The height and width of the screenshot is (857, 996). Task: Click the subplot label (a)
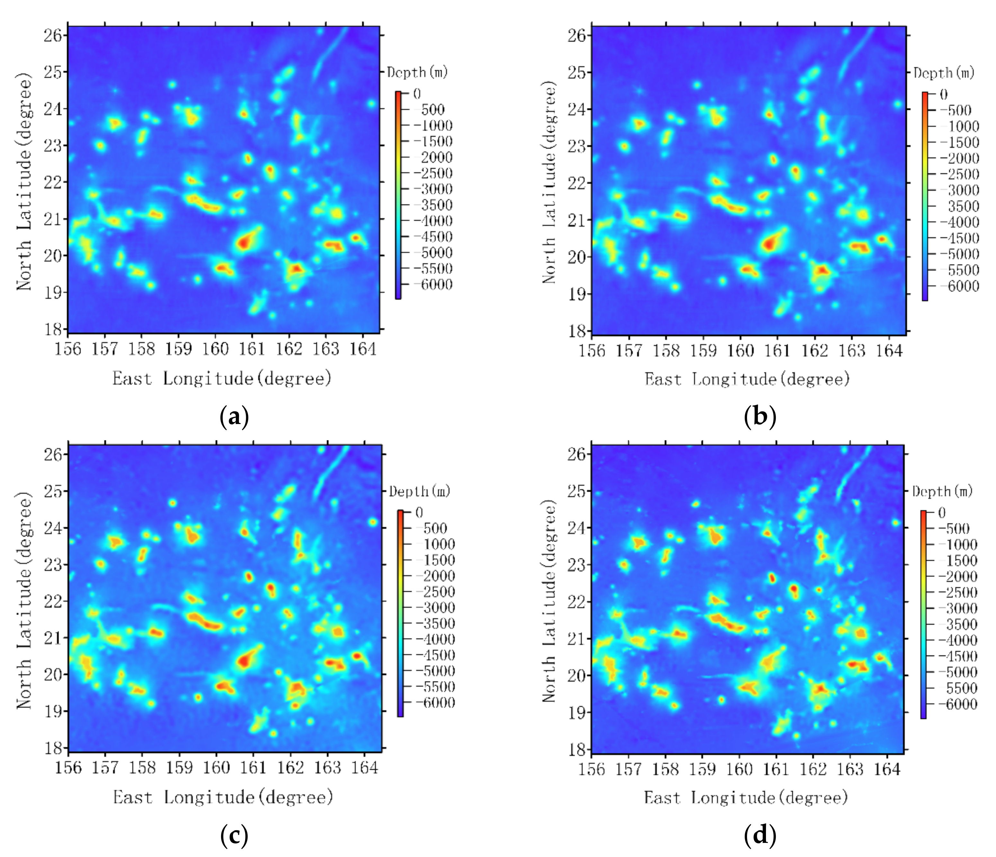coord(234,417)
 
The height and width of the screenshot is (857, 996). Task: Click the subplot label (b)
coord(760,417)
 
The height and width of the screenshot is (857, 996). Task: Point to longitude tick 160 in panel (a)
coord(215,349)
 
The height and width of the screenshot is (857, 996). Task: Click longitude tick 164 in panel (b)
coord(889,350)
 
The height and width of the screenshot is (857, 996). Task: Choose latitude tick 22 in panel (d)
coord(577,602)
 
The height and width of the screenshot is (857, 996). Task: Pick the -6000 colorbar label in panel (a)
coord(434,285)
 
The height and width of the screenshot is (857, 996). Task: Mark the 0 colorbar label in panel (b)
coord(943,94)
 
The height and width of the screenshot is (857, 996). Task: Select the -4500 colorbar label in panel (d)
coord(959,657)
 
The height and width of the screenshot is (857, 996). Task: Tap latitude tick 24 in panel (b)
coord(577,110)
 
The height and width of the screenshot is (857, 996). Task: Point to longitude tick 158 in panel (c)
coord(142,768)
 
